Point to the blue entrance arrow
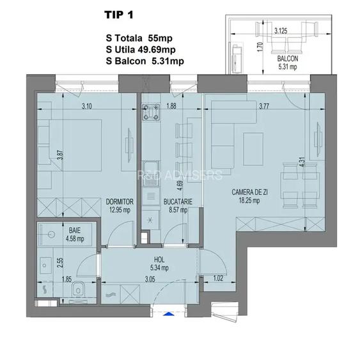168,314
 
